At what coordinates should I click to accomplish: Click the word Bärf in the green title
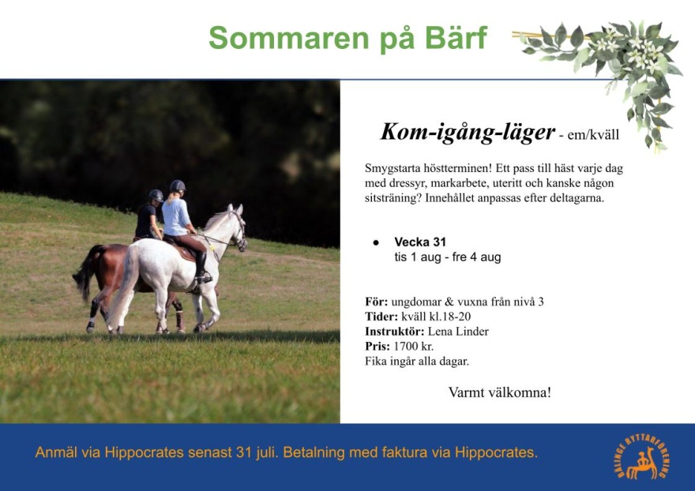point(456,38)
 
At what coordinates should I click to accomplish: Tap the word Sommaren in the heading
point(288,38)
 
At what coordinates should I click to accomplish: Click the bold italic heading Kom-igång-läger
point(468,132)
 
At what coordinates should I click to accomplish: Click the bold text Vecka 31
point(419,242)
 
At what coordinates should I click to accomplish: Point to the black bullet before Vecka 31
point(376,242)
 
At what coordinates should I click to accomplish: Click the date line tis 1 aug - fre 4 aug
point(448,257)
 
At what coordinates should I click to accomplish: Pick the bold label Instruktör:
point(394,332)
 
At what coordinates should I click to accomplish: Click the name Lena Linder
point(458,332)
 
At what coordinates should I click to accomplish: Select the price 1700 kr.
point(413,346)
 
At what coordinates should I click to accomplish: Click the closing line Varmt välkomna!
point(499,392)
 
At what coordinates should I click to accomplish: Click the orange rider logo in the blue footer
point(643,457)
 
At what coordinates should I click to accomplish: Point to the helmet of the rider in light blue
point(177,186)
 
